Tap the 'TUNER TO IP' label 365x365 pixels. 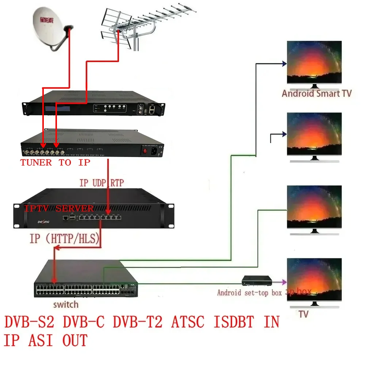[55, 162]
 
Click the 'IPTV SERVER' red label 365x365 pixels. [59, 209]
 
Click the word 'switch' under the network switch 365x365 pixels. [66, 304]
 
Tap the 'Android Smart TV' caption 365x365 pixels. [316, 93]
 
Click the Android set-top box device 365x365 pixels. [258, 281]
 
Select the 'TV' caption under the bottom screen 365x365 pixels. [304, 314]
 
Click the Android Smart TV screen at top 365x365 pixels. [314, 62]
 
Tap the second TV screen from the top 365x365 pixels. [314, 134]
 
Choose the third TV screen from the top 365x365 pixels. [314, 207]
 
